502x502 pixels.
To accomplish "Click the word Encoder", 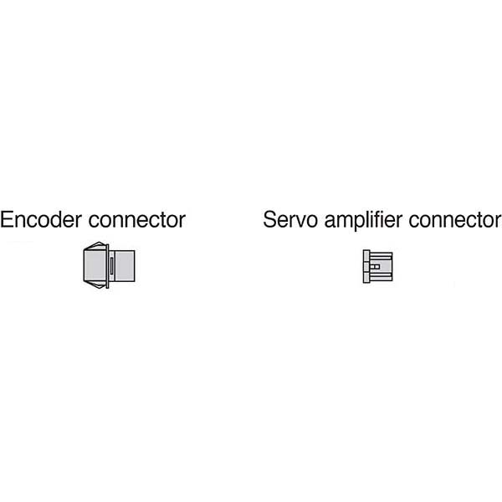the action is pyautogui.click(x=41, y=219).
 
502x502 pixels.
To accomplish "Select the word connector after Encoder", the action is pyautogui.click(x=136, y=220).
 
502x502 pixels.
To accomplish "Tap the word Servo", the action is pyautogui.click(x=290, y=219).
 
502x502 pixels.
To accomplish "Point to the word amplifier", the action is pyautogui.click(x=363, y=221).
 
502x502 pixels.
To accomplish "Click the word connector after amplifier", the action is pyautogui.click(x=455, y=220).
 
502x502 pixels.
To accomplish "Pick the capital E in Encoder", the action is pyautogui.click(x=6, y=219).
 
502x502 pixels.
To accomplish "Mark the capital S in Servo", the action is pyautogui.click(x=269, y=219).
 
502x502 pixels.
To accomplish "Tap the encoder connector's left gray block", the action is pyautogui.click(x=95, y=265).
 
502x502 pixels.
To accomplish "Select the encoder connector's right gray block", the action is pyautogui.click(x=125, y=266).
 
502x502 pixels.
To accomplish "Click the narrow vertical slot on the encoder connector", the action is pyautogui.click(x=111, y=266).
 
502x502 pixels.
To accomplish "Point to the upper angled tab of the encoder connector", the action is pyautogui.click(x=95, y=246).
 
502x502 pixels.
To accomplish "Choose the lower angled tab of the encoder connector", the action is pyautogui.click(x=95, y=284).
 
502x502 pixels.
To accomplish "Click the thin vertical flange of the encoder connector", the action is pyautogui.click(x=108, y=266).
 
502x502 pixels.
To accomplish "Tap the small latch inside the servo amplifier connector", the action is pyautogui.click(x=375, y=266).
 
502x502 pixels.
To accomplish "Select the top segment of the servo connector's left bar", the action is pyautogui.click(x=366, y=255).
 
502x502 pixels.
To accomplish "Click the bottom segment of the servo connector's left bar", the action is pyautogui.click(x=366, y=278).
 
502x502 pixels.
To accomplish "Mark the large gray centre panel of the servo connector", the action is pyautogui.click(x=381, y=266).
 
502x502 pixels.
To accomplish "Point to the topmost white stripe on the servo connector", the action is pyautogui.click(x=381, y=254).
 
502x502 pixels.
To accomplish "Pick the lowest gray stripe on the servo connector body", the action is pyautogui.click(x=381, y=279).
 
